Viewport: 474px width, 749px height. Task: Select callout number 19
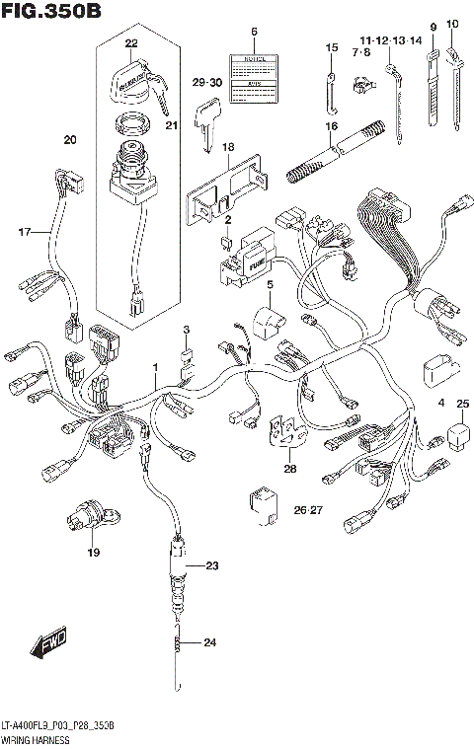click(93, 553)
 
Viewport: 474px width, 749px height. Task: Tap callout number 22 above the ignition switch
click(131, 44)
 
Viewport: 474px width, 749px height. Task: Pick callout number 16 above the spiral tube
click(332, 127)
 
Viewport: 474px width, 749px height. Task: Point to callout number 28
click(289, 469)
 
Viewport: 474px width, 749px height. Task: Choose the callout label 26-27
click(308, 510)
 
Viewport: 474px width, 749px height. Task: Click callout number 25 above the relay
click(462, 403)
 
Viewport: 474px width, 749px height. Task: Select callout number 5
click(268, 285)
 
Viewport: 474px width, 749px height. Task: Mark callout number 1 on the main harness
click(154, 367)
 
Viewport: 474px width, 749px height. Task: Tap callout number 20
click(69, 139)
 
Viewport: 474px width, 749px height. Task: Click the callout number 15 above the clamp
click(331, 48)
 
